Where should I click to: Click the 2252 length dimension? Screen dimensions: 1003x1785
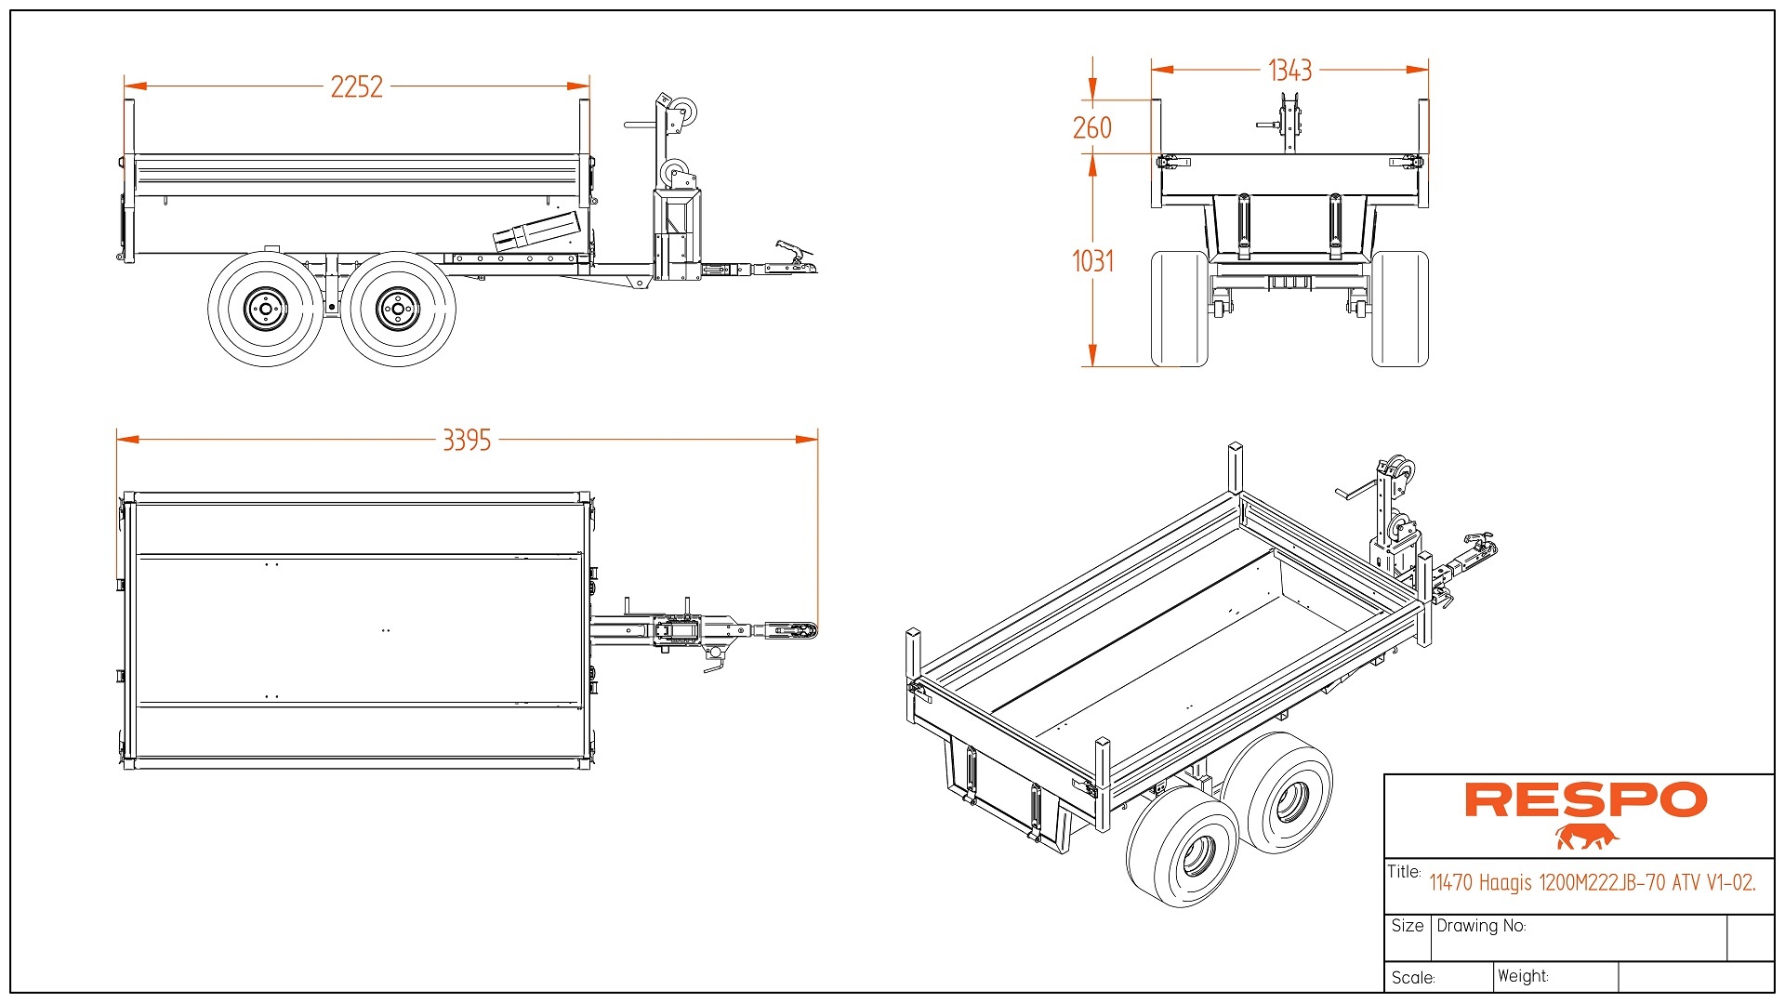[356, 86]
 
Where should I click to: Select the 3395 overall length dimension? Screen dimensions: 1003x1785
[467, 440]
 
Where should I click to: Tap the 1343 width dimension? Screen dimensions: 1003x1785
[1289, 70]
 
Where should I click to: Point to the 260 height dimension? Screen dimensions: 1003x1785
[1091, 127]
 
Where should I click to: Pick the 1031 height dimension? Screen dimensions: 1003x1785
[1092, 261]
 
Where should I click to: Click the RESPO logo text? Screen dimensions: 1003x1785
[1585, 800]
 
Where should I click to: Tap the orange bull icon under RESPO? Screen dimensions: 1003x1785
[1586, 838]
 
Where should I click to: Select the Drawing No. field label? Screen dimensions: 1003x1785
[1481, 926]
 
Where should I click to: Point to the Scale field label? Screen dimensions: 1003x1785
[1413, 978]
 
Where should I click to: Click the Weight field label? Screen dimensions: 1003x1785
[1523, 976]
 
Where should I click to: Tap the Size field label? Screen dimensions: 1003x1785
[1408, 926]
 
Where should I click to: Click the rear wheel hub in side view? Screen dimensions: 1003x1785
[265, 309]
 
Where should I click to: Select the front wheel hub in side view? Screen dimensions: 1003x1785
[398, 309]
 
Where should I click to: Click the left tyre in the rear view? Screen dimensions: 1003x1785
[1179, 309]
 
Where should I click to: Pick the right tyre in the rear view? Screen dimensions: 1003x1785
[1400, 309]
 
